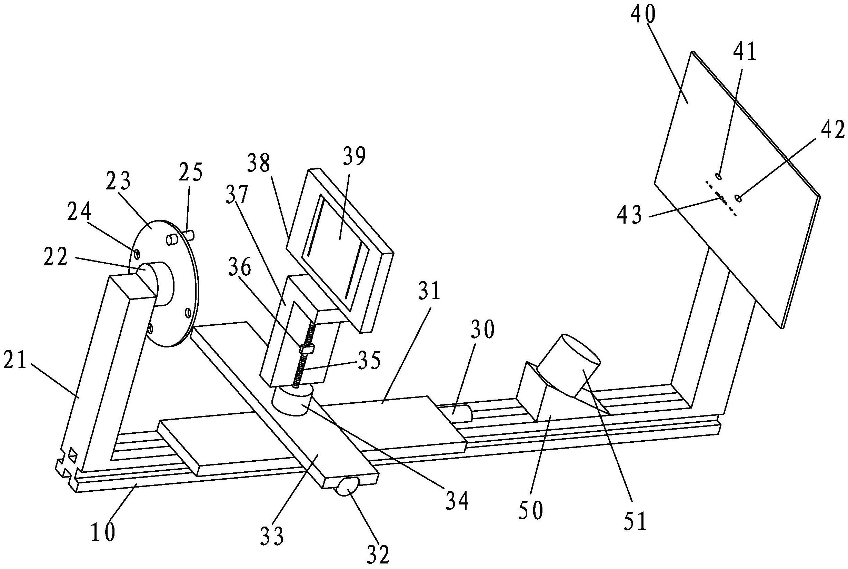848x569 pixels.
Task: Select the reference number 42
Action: (x=833, y=131)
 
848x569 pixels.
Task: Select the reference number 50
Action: (x=530, y=510)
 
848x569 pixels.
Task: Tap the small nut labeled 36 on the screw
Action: (x=307, y=350)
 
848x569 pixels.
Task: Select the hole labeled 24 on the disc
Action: (x=137, y=254)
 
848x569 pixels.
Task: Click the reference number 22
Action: (x=56, y=258)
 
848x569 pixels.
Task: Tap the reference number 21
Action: (x=15, y=361)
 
